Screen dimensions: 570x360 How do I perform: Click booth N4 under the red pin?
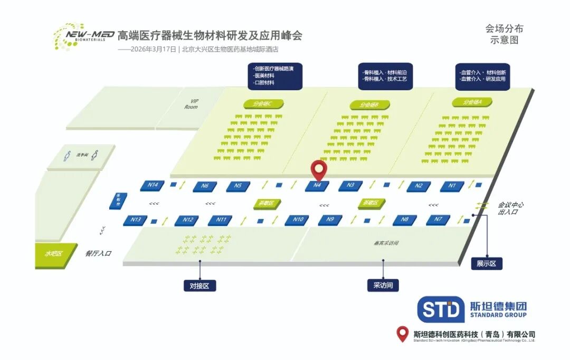(317, 185)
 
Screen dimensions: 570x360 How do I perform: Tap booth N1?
(452, 186)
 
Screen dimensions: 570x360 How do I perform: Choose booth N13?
(136, 220)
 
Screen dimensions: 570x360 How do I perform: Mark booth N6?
(205, 186)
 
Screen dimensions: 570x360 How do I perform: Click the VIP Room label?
(191, 104)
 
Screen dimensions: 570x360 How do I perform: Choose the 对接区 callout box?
(199, 286)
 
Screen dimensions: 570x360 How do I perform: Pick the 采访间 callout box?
(383, 285)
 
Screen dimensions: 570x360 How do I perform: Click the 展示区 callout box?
(487, 263)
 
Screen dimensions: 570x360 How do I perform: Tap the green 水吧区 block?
(53, 254)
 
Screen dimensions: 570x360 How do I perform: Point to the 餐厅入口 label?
(99, 253)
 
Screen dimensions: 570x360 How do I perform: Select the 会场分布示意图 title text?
(505, 34)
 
